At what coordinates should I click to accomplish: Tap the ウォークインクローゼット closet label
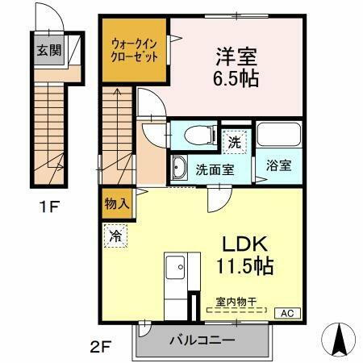134,49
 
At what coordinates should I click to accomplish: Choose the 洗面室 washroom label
215,169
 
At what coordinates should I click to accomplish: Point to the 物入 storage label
117,205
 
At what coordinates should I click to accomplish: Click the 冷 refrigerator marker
115,238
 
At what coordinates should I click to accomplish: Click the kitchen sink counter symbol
174,274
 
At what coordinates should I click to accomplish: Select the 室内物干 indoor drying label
236,302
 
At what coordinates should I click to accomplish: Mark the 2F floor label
99,348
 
